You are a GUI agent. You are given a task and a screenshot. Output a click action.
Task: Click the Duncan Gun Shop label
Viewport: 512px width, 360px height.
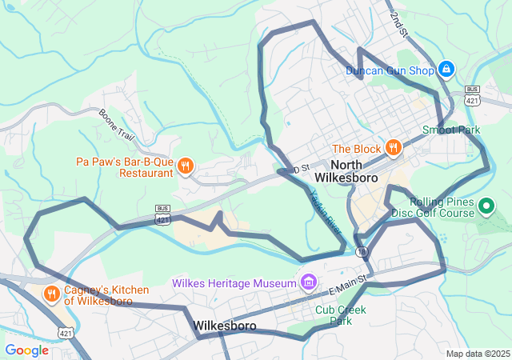[389, 70]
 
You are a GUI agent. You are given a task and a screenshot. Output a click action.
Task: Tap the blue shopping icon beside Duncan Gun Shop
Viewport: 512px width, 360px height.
[446, 70]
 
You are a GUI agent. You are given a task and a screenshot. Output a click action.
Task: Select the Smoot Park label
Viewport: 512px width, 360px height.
[451, 130]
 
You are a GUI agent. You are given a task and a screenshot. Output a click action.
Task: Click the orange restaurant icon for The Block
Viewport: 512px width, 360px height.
[393, 148]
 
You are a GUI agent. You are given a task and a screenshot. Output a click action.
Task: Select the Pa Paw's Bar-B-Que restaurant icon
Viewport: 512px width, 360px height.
[185, 166]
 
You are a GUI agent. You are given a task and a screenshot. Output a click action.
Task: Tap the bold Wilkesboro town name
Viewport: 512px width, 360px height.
[224, 326]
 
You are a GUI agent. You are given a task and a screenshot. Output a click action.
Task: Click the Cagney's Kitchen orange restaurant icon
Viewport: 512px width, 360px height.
[52, 294]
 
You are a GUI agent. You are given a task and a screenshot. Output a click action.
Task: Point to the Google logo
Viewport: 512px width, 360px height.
[26, 350]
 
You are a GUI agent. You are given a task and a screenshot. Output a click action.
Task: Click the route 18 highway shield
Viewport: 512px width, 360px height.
[365, 252]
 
